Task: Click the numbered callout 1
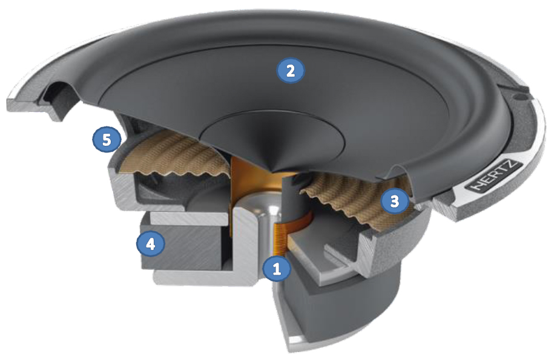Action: coord(277,269)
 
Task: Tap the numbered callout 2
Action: coord(291,71)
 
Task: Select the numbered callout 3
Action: coord(394,201)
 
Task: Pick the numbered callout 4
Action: coord(151,244)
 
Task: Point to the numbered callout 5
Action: coord(107,140)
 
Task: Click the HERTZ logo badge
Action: coord(495,178)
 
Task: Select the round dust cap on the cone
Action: coord(271,139)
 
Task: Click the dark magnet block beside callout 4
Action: coord(182,247)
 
